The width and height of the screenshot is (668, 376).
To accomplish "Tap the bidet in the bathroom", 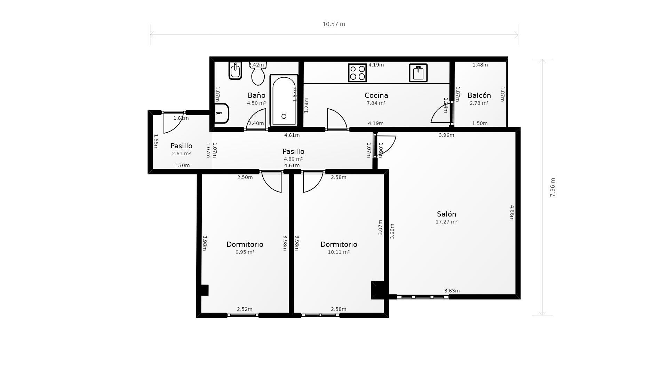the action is coord(235,71).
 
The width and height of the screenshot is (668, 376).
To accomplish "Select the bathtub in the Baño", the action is coord(284,100).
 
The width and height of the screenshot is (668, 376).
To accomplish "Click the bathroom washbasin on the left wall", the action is coord(221,113).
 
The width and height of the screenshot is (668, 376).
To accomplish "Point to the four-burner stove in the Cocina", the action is coord(357,73).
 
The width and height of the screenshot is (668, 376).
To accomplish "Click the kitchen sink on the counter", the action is coord(418,73).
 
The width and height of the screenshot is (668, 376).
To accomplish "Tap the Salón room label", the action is coord(446,214).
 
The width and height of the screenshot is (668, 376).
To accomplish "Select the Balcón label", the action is coord(479,95).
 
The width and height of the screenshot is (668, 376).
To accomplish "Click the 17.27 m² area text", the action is coord(446,222).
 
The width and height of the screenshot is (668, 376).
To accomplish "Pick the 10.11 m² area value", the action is coord(339,252).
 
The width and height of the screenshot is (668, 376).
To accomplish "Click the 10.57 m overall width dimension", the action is coord(334,24).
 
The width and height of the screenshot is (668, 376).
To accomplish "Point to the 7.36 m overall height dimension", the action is coord(552,187).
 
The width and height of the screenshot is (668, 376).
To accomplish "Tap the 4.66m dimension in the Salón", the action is coord(512,213).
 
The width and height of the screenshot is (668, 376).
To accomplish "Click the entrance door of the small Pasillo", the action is coord(174,122).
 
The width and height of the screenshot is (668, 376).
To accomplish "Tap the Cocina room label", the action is coord(376,95).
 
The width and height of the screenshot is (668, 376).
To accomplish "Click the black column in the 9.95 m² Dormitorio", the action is coord(205,290).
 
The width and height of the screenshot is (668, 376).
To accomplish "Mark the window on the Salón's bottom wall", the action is coord(422,297).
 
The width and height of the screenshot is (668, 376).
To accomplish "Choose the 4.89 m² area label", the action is coord(293,159).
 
